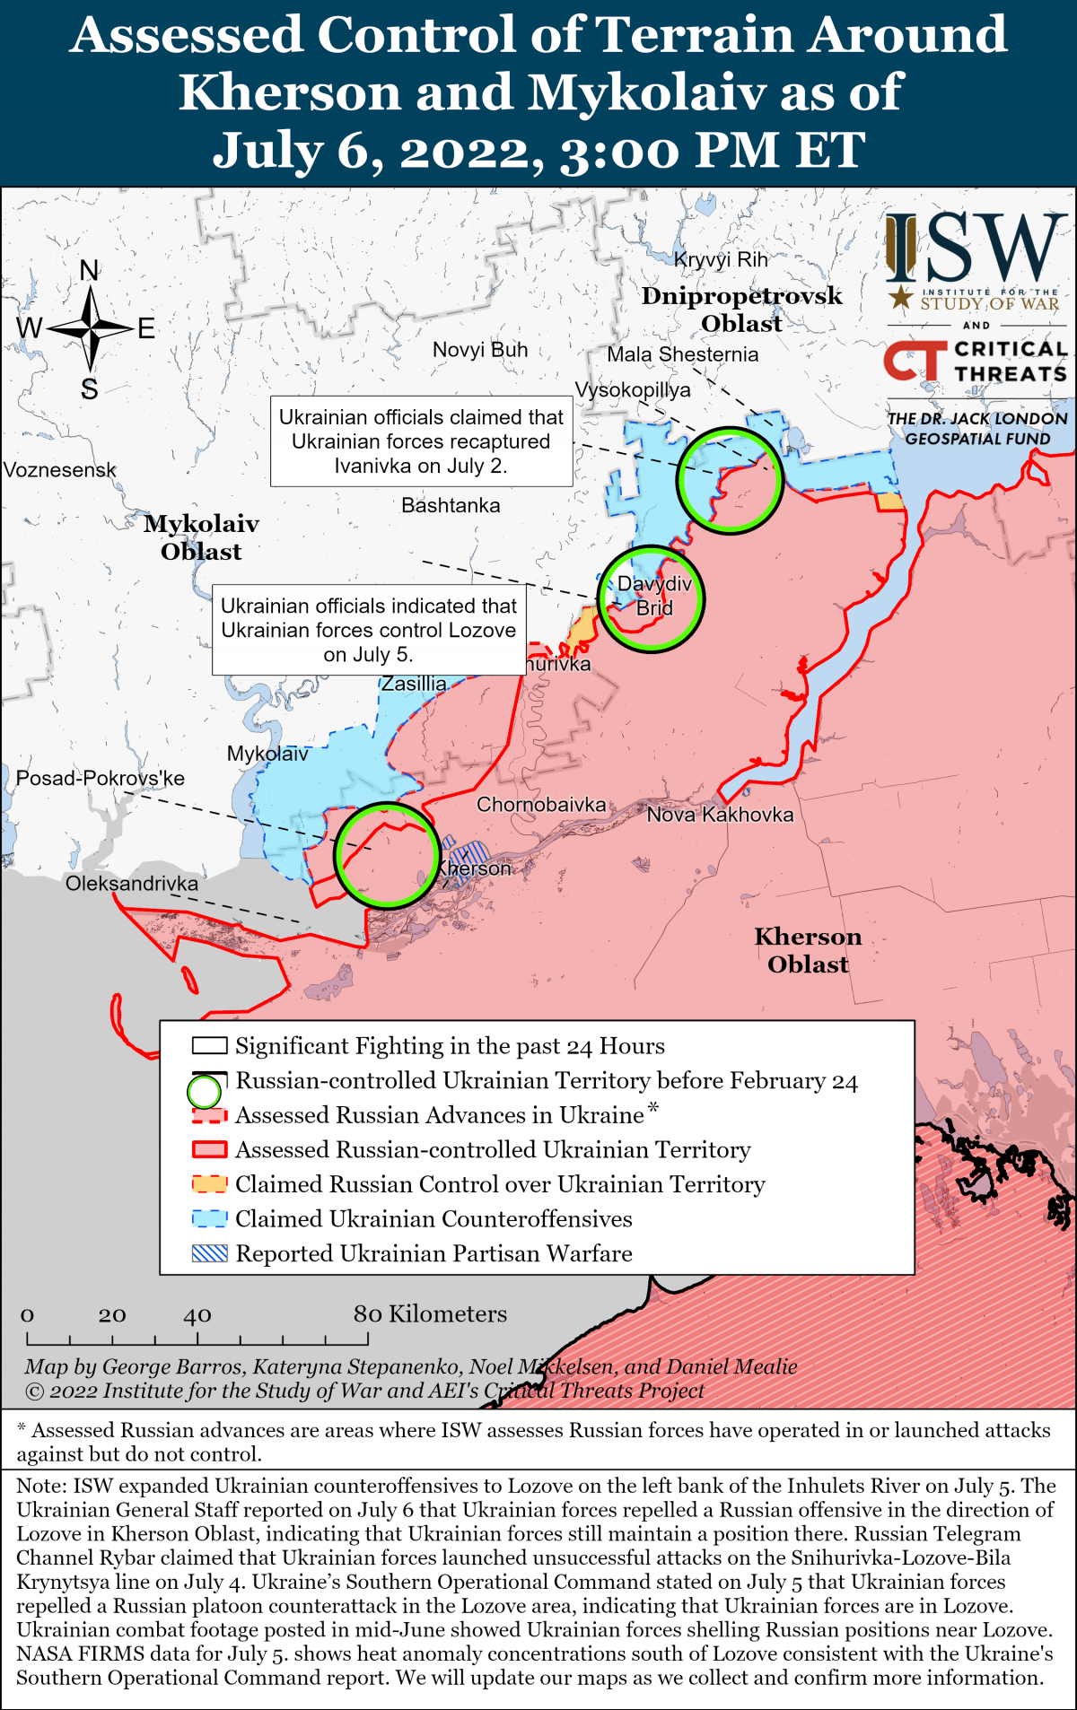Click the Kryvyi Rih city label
(x=721, y=260)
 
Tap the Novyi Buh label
(x=480, y=350)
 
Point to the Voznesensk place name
(x=60, y=470)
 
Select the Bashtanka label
(x=451, y=506)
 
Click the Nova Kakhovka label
(x=720, y=815)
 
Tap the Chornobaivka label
(x=540, y=805)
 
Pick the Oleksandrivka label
(x=132, y=884)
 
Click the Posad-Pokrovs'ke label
(x=101, y=779)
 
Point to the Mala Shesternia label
(x=682, y=354)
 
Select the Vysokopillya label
(x=633, y=390)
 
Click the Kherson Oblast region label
(x=808, y=950)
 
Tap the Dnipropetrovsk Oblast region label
(x=741, y=310)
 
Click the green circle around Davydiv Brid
(x=652, y=598)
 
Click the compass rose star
(x=90, y=329)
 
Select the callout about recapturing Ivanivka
(x=421, y=441)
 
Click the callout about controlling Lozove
(x=368, y=630)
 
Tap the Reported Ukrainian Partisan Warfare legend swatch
(x=209, y=1253)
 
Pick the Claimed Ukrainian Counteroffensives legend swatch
(x=209, y=1219)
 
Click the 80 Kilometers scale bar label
(x=430, y=1314)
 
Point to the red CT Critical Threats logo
(x=915, y=361)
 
